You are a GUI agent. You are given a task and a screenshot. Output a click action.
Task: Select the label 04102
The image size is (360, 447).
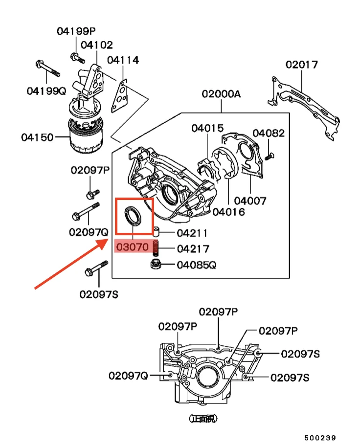coord(96,45)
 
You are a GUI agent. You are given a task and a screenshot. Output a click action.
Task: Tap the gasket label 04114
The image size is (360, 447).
coord(123,60)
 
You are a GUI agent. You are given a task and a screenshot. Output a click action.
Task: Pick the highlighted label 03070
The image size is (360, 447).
coord(132,247)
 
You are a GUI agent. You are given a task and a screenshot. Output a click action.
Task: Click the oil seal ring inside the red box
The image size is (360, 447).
coord(133,216)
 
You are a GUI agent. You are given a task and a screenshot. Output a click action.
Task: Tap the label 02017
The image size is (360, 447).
coord(302,64)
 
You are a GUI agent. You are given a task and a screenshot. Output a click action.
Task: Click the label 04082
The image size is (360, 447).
coord(269,133)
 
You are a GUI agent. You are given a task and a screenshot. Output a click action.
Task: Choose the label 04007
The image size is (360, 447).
coord(250,201)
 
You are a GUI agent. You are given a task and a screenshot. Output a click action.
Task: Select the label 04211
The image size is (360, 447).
coord(192,233)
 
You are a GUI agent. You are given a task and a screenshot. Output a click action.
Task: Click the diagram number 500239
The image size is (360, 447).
coord(319,438)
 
